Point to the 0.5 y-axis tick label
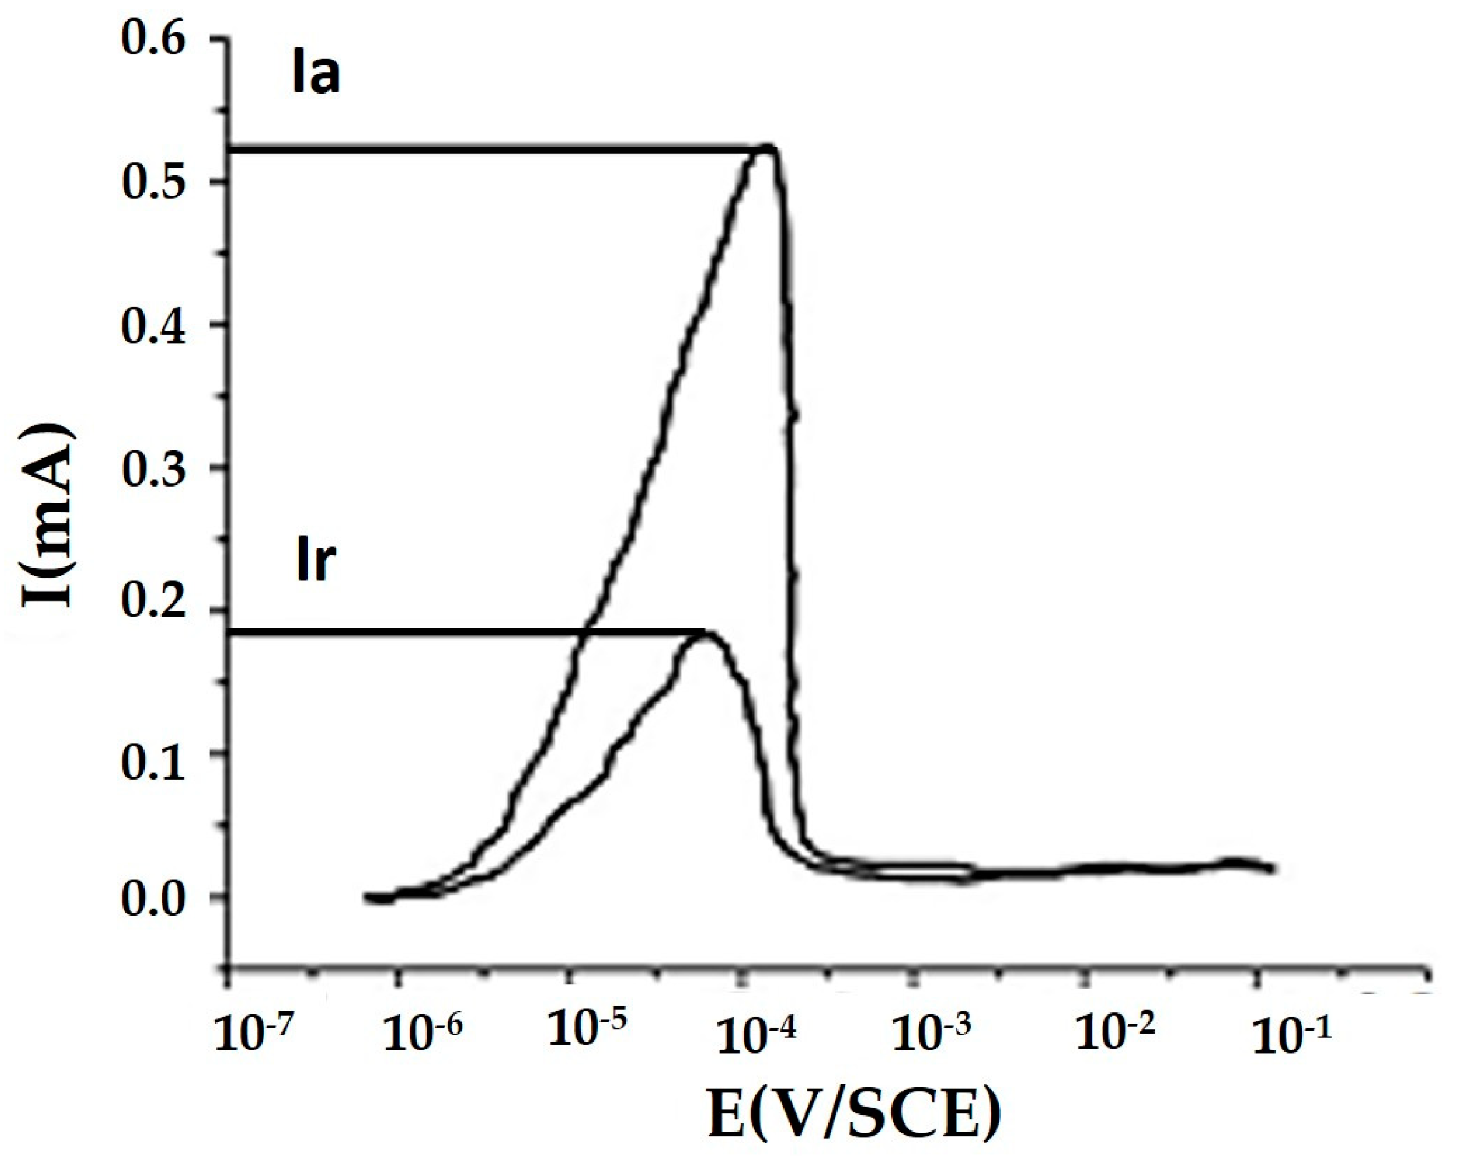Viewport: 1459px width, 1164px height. tap(153, 182)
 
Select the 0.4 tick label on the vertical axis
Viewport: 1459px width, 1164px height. tap(153, 326)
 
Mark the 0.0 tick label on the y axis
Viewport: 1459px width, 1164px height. tap(153, 900)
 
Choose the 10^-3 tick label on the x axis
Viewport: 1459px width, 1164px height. tap(931, 1034)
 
